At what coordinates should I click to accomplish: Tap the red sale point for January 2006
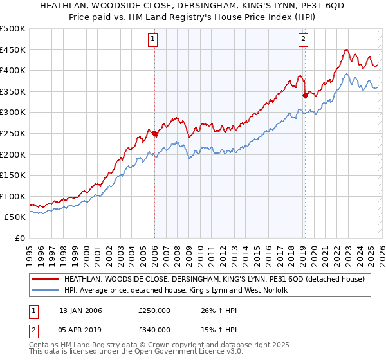(x=154, y=134)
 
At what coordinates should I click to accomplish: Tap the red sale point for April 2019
(x=304, y=96)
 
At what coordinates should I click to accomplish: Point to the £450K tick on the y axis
(x=13, y=50)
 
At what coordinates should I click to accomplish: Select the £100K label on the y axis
(x=13, y=196)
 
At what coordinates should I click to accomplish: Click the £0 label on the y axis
(x=19, y=238)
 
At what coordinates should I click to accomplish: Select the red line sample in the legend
(x=45, y=280)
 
